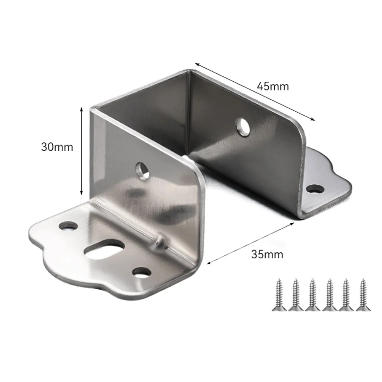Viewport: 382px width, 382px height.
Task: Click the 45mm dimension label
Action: (272, 86)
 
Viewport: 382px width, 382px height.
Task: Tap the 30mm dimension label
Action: (57, 147)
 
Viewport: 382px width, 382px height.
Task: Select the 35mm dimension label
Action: (267, 254)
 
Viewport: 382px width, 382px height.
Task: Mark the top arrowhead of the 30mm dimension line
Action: (81, 109)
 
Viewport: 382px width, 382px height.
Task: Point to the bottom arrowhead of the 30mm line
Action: (81, 193)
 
